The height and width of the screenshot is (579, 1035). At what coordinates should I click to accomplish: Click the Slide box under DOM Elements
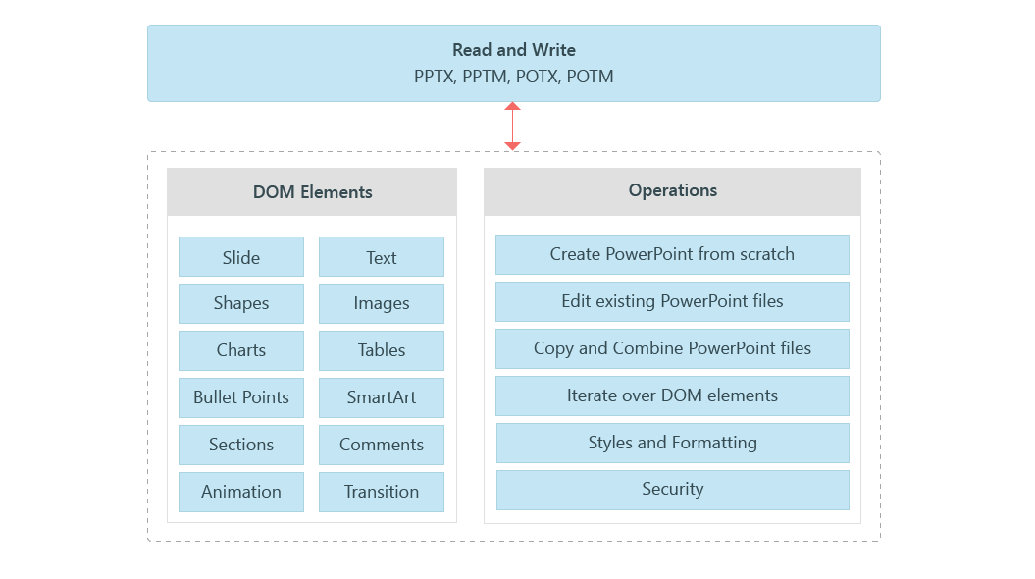pos(240,257)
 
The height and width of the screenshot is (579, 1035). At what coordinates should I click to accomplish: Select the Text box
pos(381,257)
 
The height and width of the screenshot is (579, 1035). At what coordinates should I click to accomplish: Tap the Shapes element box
pos(240,303)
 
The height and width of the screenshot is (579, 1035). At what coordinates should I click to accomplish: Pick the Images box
pos(381,303)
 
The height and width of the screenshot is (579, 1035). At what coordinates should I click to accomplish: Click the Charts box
pos(240,350)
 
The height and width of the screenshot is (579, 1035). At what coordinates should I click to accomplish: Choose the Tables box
pos(381,350)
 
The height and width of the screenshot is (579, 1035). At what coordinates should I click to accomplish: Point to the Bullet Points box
pos(240,397)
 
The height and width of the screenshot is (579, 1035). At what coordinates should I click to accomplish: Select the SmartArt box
pos(381,397)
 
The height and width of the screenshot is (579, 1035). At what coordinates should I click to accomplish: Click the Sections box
pos(240,445)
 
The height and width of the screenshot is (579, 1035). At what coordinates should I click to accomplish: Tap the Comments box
pos(381,445)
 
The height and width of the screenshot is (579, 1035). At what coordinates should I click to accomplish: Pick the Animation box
pos(240,492)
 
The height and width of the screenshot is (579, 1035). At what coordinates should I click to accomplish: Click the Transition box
pos(381,492)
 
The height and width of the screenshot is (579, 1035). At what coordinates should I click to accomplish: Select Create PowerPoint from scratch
pos(672,254)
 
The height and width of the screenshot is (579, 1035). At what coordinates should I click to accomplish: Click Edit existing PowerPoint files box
pos(672,301)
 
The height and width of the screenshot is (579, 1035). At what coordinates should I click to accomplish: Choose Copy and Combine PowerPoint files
pos(672,348)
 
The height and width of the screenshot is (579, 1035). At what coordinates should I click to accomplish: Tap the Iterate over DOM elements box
pos(672,395)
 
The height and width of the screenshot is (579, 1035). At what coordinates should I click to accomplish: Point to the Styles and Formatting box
pos(672,443)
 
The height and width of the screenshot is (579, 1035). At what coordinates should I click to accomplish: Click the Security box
pos(672,490)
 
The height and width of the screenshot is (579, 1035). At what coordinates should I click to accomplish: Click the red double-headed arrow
pos(512,127)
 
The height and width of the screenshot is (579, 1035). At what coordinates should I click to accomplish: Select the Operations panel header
pos(672,191)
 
